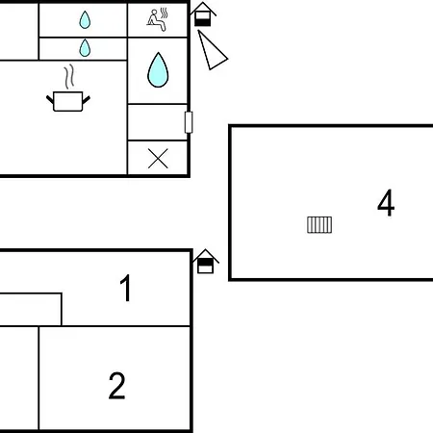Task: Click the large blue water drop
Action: [x=158, y=70]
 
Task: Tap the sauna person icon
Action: [x=158, y=20]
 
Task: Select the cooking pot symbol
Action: [x=68, y=101]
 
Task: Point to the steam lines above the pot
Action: [x=69, y=77]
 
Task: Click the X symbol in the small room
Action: [x=158, y=159]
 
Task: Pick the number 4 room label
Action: [x=386, y=203]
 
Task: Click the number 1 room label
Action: [x=126, y=288]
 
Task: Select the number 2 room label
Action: [x=116, y=385]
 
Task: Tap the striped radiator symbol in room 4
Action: [x=319, y=225]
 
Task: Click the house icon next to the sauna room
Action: [x=203, y=14]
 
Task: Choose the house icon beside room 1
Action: [x=206, y=262]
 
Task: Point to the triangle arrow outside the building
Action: [x=211, y=51]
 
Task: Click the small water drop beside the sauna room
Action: [x=85, y=20]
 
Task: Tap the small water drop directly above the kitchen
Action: [x=85, y=48]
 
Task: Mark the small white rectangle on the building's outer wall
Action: [x=189, y=122]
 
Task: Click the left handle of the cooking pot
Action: [x=50, y=99]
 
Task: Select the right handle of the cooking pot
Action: [x=87, y=99]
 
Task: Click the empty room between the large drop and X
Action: [x=158, y=122]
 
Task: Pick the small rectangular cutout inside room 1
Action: [x=31, y=310]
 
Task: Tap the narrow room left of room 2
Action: [x=19, y=378]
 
